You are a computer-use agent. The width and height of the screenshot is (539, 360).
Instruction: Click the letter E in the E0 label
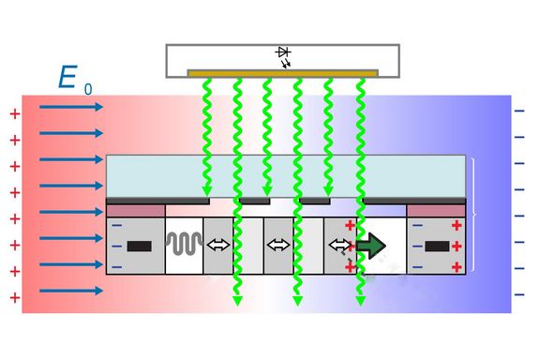(x=67, y=78)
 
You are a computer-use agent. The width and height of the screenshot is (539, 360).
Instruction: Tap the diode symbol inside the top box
(x=283, y=56)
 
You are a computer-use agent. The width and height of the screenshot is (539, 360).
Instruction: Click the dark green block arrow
(x=369, y=246)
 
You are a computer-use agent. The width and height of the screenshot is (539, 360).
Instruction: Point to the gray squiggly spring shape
(x=184, y=246)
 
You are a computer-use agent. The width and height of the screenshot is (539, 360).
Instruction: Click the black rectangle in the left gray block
(x=139, y=247)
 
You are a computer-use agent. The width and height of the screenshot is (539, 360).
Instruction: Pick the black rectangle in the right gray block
(x=437, y=247)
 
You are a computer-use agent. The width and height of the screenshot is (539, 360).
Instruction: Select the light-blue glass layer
(x=286, y=175)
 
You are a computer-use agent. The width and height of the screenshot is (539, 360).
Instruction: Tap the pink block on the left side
(x=136, y=211)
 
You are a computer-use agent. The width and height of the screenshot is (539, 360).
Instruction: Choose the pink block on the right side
(x=436, y=211)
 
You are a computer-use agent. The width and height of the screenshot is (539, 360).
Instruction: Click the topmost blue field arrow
(x=71, y=107)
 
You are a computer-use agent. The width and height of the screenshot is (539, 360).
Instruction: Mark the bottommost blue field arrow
(x=71, y=291)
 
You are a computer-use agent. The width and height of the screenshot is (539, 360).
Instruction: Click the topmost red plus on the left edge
(x=14, y=114)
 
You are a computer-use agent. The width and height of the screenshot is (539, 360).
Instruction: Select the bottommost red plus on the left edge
(x=14, y=298)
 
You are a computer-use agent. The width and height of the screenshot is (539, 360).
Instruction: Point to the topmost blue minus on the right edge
(x=519, y=112)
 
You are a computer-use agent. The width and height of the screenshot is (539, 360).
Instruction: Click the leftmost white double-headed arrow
(x=217, y=246)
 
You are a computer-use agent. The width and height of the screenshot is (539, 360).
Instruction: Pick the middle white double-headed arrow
(x=278, y=246)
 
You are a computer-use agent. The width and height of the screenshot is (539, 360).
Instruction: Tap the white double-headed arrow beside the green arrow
(x=338, y=246)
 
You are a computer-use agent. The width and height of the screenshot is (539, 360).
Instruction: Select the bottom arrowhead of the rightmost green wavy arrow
(x=360, y=302)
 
